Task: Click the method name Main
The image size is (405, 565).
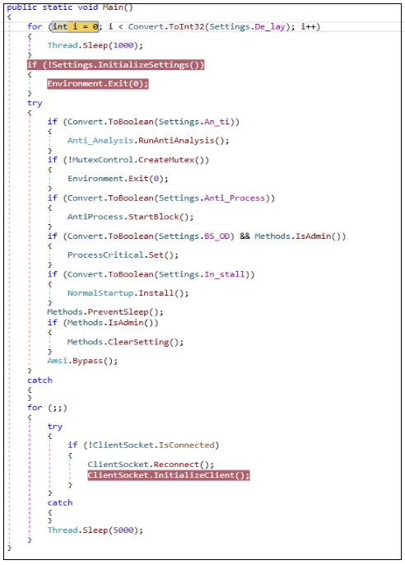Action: point(113,7)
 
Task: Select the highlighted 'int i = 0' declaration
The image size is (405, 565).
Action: point(75,26)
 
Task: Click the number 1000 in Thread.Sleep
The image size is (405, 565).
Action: point(123,45)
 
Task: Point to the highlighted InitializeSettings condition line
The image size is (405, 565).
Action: point(115,65)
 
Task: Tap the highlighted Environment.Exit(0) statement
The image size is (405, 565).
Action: point(98,84)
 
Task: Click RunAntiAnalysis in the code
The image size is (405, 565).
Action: point(176,140)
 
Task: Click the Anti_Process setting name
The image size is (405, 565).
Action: point(235,198)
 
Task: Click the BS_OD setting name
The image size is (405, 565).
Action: point(216,236)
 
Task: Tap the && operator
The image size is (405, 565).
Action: point(244,236)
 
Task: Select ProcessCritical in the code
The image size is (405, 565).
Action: point(105,255)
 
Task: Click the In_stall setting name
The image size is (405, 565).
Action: point(225,274)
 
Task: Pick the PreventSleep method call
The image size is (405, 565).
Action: point(118,311)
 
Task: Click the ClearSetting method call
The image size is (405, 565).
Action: point(138,342)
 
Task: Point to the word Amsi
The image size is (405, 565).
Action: point(58,361)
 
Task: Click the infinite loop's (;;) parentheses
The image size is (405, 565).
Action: point(58,408)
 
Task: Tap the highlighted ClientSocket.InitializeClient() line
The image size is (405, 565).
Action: point(169,475)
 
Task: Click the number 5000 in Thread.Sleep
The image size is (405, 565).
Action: point(123,530)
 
